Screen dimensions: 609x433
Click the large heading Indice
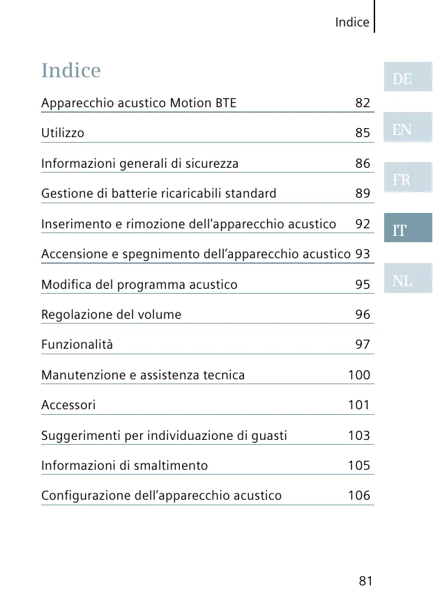point(71,71)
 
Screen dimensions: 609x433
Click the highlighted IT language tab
point(407,230)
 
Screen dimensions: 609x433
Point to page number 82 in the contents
point(363,104)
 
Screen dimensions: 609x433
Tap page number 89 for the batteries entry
point(363,193)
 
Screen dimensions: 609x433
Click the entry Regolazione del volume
point(111,315)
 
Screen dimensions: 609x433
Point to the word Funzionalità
point(77,345)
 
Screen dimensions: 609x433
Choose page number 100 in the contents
point(359,375)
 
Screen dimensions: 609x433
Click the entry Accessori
point(68,405)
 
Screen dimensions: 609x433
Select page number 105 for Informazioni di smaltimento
point(359,466)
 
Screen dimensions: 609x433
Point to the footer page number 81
point(365,581)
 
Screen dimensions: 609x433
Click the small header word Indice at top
point(352,22)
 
